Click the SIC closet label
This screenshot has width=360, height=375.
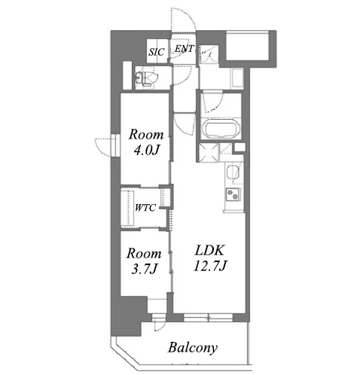(x=156, y=52)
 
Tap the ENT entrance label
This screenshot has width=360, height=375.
(x=185, y=49)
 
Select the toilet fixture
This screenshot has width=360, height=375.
(x=147, y=78)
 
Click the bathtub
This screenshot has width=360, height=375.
(x=221, y=130)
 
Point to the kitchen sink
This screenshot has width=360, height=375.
(x=233, y=172)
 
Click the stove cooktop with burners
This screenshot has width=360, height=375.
(x=233, y=194)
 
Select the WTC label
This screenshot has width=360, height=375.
(x=145, y=208)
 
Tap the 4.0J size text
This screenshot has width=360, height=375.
(x=147, y=151)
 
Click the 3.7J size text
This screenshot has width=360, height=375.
(x=145, y=270)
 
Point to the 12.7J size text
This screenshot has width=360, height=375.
(x=210, y=266)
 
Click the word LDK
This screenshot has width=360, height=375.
(x=209, y=250)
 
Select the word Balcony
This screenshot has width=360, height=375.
(x=193, y=348)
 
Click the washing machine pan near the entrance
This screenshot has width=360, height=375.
(x=237, y=78)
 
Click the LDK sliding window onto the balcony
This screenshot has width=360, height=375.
(x=208, y=318)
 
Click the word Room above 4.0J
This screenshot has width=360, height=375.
(x=146, y=135)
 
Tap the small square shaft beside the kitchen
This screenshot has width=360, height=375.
(x=239, y=147)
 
